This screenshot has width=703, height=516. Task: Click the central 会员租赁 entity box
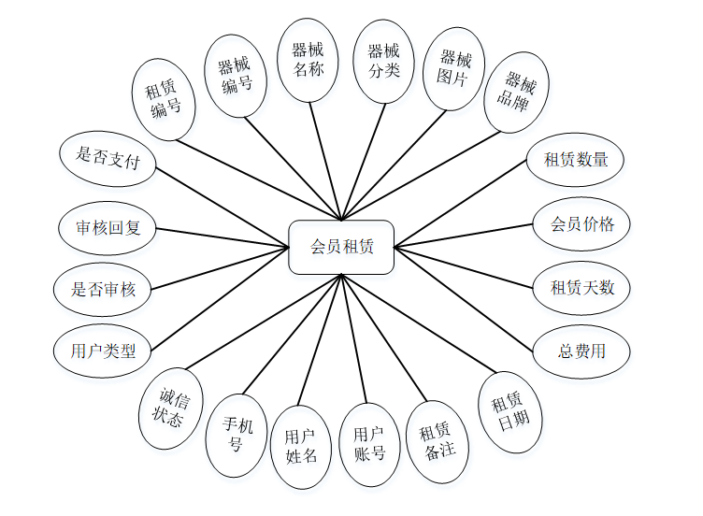341,248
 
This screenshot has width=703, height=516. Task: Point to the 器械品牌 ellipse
515,92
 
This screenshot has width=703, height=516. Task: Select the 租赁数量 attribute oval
576,159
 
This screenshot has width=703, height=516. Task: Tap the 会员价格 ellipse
581,223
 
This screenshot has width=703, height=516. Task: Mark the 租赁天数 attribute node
582,287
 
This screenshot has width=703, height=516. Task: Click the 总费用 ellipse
581,351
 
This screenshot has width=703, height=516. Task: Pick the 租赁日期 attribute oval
510,411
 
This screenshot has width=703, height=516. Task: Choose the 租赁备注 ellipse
438,441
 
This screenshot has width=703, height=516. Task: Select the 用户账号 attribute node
369,444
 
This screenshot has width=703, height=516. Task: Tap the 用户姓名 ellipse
301,446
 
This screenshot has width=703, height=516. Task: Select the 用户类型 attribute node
103,352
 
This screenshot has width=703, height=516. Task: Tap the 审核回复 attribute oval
108,226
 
